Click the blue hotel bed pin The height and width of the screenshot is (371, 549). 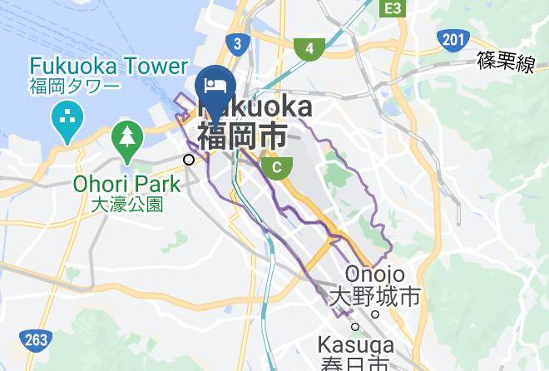(215, 87)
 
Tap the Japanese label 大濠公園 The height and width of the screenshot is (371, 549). (127, 203)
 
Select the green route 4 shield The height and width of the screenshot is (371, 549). (309, 48)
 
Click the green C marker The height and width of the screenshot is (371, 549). (276, 168)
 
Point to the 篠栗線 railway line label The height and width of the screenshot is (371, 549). (506, 62)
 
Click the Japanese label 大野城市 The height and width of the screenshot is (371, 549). (374, 296)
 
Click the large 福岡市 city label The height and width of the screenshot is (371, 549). (242, 134)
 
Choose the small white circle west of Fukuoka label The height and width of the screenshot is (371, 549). (190, 159)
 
